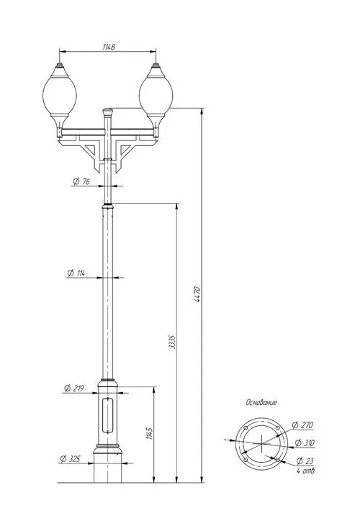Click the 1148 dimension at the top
tap(109, 47)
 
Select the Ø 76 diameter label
tap(81, 181)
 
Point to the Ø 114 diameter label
tap(76, 273)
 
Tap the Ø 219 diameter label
tap(74, 388)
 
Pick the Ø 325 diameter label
tap(70, 459)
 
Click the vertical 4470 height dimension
tap(198, 294)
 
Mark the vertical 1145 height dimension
tap(149, 433)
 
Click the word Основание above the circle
tap(261, 403)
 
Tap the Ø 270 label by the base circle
tap(302, 425)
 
